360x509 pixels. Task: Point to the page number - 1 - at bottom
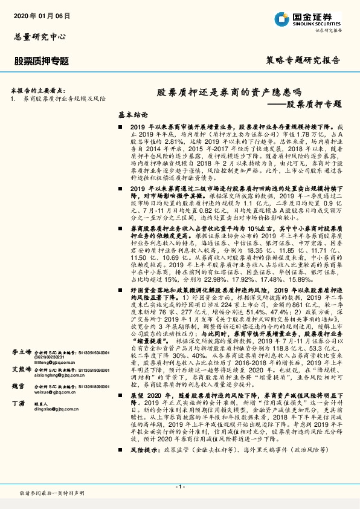(x=179, y=486)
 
